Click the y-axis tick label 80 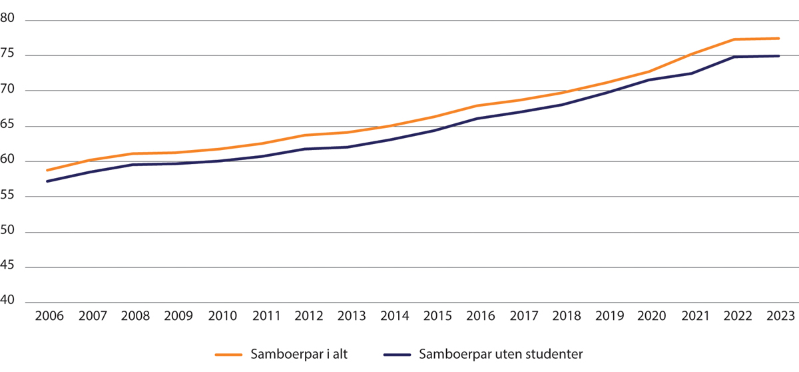[x=11, y=21]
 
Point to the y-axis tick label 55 [x=11, y=197]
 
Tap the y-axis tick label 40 [x=11, y=302]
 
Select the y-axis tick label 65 [x=11, y=126]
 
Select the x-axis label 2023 [x=778, y=315]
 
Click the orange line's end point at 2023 [x=778, y=39]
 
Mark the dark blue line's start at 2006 [x=47, y=181]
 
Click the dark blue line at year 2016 [x=477, y=118]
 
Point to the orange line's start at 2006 [x=47, y=170]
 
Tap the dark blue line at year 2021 [x=692, y=73]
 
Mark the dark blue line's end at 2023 [x=778, y=56]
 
